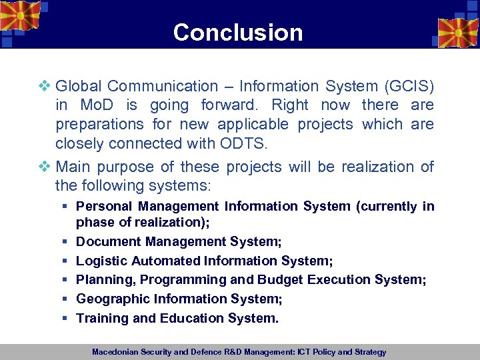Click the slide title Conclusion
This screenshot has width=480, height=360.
click(238, 32)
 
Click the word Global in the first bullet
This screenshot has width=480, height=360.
click(79, 86)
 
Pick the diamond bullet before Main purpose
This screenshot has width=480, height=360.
click(46, 167)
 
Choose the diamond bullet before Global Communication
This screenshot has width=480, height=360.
click(46, 86)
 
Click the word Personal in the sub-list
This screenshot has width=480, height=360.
click(103, 206)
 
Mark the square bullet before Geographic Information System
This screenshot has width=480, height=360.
click(65, 299)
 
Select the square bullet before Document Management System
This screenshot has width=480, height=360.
click(65, 241)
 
